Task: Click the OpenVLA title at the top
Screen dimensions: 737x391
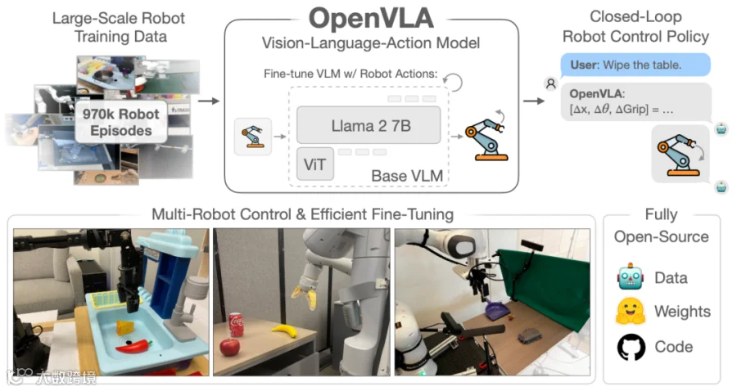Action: tap(371, 18)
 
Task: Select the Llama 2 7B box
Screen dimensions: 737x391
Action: tap(369, 125)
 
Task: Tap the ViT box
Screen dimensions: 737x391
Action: tap(315, 164)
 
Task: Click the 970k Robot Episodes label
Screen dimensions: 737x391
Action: tap(121, 122)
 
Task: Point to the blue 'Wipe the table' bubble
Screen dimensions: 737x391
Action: tap(635, 65)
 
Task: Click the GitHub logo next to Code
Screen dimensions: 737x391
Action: tap(631, 347)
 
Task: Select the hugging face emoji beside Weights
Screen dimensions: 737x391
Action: tap(631, 312)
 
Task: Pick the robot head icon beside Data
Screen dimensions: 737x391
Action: tap(630, 276)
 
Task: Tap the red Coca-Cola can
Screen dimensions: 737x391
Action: tap(236, 325)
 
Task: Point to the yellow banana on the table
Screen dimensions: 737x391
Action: tap(285, 330)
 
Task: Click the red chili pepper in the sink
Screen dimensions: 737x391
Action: tap(134, 346)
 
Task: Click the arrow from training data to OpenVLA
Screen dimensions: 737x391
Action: tap(209, 101)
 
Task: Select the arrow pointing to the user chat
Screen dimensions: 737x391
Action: tap(533, 101)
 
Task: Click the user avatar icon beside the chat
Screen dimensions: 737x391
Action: tap(550, 83)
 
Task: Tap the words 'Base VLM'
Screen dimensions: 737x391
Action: tap(407, 176)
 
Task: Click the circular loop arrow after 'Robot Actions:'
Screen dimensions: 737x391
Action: tap(453, 82)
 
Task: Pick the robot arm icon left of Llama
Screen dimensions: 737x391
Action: tap(253, 137)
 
